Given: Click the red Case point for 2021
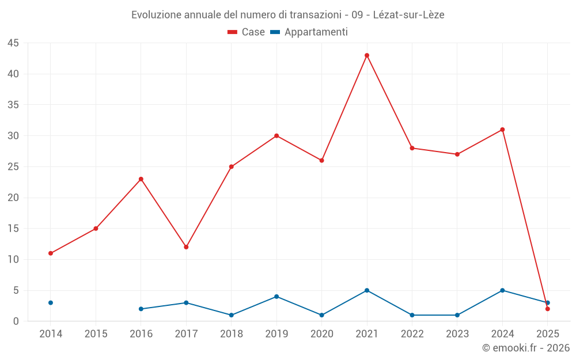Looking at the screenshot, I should click(367, 55).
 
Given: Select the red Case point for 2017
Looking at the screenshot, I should click(186, 247).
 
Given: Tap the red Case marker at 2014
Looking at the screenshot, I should click(51, 253).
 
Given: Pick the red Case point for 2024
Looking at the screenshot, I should click(502, 130).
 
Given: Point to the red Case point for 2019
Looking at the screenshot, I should click(276, 136).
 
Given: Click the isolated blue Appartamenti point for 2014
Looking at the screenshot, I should click(51, 303).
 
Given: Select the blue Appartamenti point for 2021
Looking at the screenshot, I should click(367, 290).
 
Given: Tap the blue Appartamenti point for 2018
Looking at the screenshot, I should click(232, 315).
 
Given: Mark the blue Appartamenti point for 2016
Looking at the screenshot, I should click(141, 309).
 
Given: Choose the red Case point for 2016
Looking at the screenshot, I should click(141, 179).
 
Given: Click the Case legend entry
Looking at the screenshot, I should click(247, 32).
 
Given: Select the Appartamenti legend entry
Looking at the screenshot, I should click(309, 32).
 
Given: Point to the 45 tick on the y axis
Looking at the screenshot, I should click(13, 43).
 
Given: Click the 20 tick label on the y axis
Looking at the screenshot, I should click(13, 198).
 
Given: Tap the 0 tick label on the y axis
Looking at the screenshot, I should click(16, 321).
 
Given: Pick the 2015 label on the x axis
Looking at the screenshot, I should click(96, 334).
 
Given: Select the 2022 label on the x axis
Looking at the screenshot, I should click(412, 334).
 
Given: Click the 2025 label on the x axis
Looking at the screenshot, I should click(547, 334).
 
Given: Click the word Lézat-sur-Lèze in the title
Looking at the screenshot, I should click(408, 14).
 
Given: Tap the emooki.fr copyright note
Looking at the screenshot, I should click(525, 348).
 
